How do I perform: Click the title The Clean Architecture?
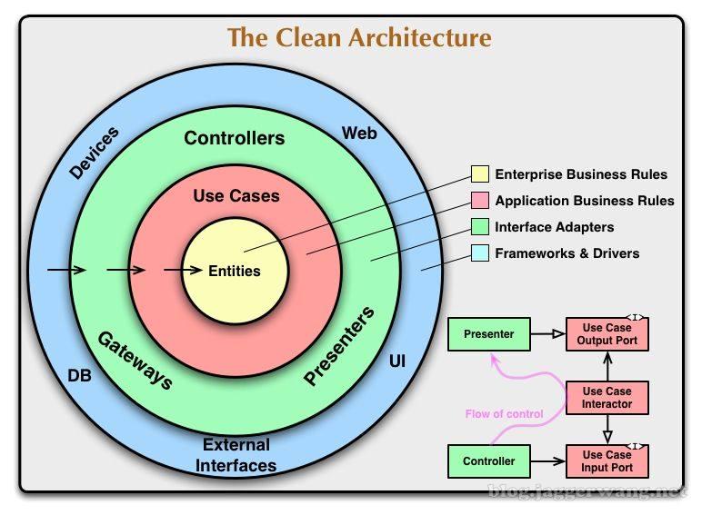[x=358, y=37]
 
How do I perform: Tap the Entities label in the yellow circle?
[x=235, y=271]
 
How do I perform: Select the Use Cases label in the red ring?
[x=236, y=195]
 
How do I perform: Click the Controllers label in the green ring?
[x=235, y=139]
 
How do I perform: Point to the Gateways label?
[x=135, y=360]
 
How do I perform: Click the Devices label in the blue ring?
[x=94, y=153]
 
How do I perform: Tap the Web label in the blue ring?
[x=359, y=134]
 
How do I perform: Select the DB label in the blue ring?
[x=80, y=374]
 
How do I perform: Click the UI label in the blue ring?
[x=397, y=361]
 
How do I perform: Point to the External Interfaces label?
[x=237, y=455]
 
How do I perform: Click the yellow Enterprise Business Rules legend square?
[x=479, y=174]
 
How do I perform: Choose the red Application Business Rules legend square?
[x=479, y=201]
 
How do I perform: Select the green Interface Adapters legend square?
[x=479, y=227]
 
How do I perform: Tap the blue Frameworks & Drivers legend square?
[x=479, y=253]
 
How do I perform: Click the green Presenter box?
[x=488, y=334]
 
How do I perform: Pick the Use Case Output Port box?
[x=607, y=334]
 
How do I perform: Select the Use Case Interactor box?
[x=607, y=398]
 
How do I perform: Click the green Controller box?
[x=488, y=461]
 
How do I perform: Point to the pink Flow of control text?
[x=504, y=414]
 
